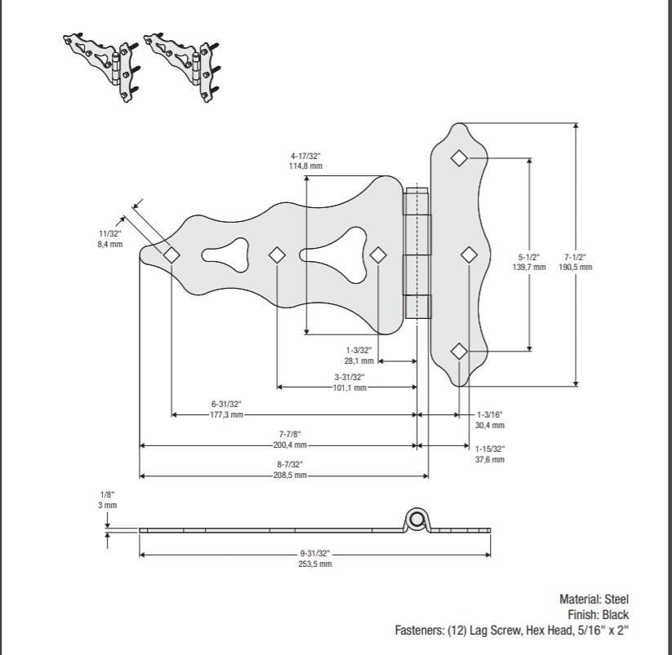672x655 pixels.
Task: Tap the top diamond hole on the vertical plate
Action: click(x=460, y=157)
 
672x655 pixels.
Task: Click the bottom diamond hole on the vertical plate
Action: click(x=460, y=351)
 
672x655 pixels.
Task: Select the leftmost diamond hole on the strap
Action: click(x=171, y=254)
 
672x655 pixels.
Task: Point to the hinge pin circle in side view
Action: click(x=418, y=520)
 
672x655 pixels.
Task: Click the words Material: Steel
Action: click(x=594, y=599)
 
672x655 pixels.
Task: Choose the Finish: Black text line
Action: click(x=598, y=614)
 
